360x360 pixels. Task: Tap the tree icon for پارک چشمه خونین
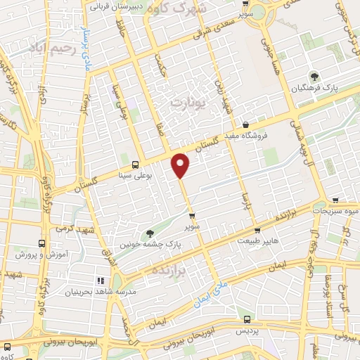point(148,233)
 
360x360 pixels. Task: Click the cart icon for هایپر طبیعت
point(257,230)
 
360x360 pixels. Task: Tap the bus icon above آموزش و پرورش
point(41,242)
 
